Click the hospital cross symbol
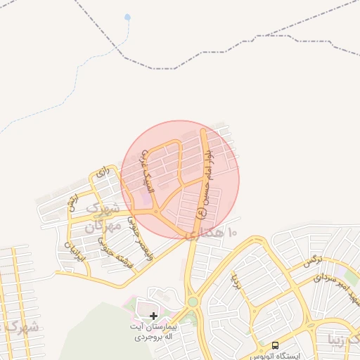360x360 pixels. tap(154, 316)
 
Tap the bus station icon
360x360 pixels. tap(275, 346)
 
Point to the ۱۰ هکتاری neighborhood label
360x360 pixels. tap(212, 233)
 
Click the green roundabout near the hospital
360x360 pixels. tap(192, 302)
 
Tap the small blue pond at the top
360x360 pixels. tap(127, 16)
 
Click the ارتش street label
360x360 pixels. tap(72, 205)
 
